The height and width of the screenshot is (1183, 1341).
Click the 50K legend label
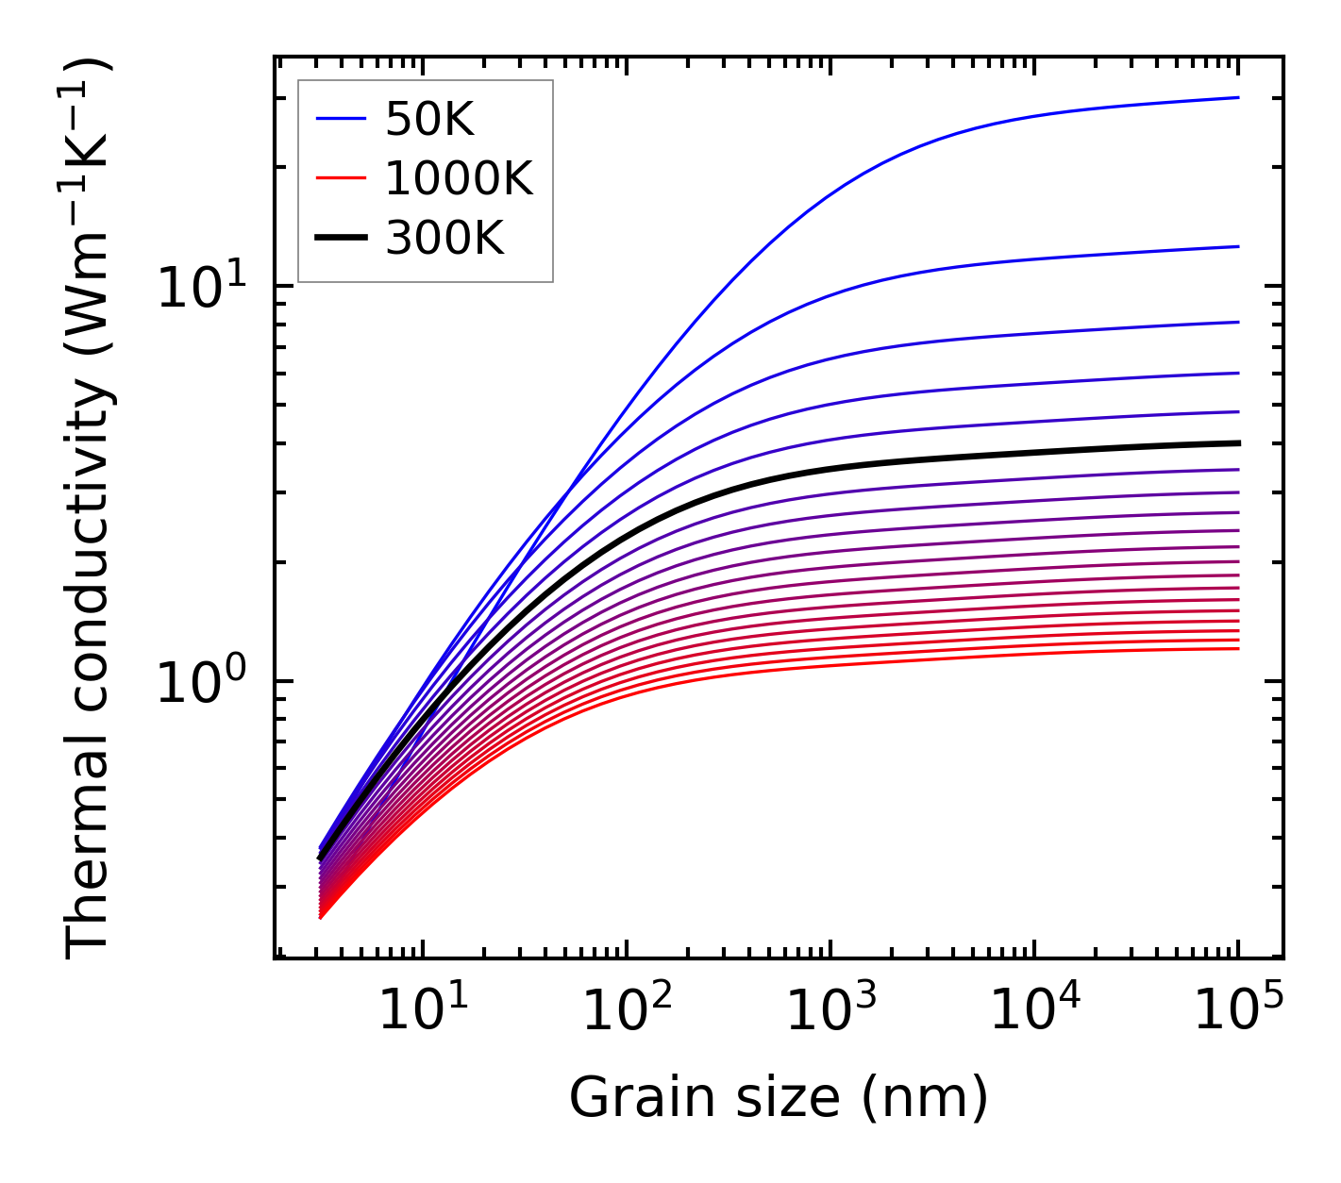(x=429, y=119)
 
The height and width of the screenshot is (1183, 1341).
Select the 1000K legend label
(x=459, y=178)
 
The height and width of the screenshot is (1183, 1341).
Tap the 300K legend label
(x=444, y=239)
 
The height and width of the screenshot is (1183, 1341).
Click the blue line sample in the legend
(x=340, y=119)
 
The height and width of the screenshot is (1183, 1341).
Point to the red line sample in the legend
(x=340, y=178)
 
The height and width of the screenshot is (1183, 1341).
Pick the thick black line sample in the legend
(x=340, y=239)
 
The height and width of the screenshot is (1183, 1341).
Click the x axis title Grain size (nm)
(x=779, y=1097)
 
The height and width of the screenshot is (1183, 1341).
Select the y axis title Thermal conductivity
(x=90, y=509)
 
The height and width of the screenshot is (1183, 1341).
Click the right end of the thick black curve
(x=1237, y=442)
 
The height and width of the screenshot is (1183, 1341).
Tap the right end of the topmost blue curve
(x=1237, y=97)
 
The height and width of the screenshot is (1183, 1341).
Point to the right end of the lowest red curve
(x=1237, y=648)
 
